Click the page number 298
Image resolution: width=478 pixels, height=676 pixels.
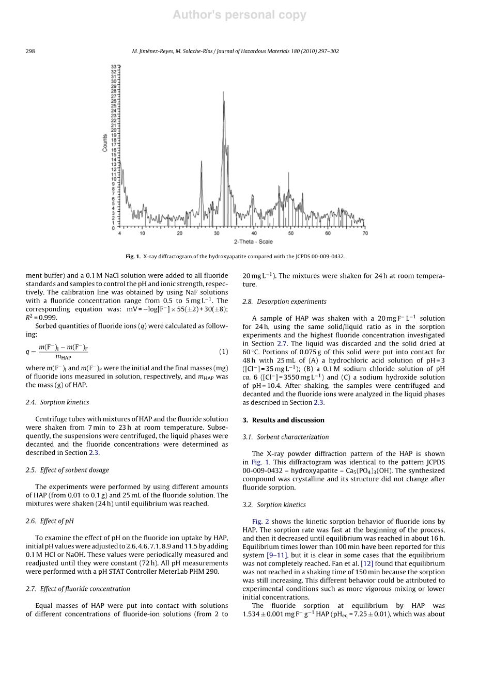30,51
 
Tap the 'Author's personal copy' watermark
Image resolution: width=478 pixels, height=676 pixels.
239,15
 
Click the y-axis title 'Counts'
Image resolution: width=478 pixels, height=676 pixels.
105,143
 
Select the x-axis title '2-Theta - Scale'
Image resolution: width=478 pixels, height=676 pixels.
253,242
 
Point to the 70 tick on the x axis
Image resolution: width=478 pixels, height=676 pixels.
365,233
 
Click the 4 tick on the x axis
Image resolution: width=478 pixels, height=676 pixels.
120,233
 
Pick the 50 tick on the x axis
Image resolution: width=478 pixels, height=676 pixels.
291,233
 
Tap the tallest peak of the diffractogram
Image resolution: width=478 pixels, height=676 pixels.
223,93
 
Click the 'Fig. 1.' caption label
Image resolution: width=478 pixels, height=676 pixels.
133,256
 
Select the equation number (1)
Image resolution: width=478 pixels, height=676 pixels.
223,352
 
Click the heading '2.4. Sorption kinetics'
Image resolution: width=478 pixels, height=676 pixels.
57,402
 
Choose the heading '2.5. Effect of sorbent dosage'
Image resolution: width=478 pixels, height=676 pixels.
67,470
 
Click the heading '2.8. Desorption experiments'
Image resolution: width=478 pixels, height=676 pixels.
284,302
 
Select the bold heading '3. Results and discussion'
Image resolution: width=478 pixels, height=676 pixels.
283,420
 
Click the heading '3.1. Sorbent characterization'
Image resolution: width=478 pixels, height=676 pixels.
285,437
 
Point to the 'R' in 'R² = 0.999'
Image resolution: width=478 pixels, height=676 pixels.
28,318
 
